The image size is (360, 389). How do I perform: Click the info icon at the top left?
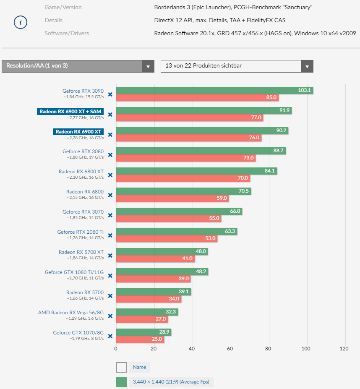click(x=21, y=22)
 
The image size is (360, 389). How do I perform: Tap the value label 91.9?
click(x=284, y=110)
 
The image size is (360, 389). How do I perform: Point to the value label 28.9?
click(x=164, y=332)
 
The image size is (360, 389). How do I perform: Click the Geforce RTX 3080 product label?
click(x=83, y=151)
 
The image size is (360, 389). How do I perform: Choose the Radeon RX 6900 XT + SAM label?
click(x=70, y=111)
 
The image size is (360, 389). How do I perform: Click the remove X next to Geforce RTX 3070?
click(x=110, y=215)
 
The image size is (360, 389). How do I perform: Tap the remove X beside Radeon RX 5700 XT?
click(x=110, y=256)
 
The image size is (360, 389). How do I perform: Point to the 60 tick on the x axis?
click(x=230, y=349)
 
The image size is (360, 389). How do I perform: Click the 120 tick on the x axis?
click(x=344, y=349)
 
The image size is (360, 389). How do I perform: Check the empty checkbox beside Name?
click(x=121, y=368)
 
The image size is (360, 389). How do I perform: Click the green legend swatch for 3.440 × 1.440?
click(x=121, y=382)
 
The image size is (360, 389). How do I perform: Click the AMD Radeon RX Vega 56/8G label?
click(x=71, y=313)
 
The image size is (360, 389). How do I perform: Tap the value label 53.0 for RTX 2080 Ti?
click(x=210, y=238)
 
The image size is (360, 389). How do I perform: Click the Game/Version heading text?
click(x=63, y=7)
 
